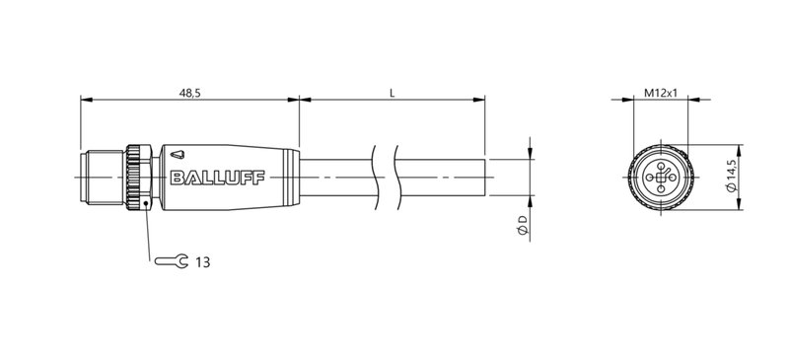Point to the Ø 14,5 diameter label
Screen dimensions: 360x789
[x=731, y=179]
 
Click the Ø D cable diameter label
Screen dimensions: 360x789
[x=523, y=228]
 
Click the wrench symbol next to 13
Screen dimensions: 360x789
[x=171, y=262]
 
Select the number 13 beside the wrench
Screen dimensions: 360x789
[x=202, y=262]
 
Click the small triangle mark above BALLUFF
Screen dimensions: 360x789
[x=176, y=154]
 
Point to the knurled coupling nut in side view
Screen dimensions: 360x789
[x=137, y=179]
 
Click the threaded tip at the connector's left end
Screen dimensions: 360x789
[x=98, y=179]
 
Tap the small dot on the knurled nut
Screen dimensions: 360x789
[x=146, y=204]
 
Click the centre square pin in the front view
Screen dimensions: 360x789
[x=658, y=179]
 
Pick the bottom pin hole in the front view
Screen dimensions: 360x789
[x=658, y=191]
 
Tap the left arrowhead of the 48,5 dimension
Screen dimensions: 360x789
[x=83, y=100]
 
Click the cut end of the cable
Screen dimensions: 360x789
[x=486, y=179]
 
